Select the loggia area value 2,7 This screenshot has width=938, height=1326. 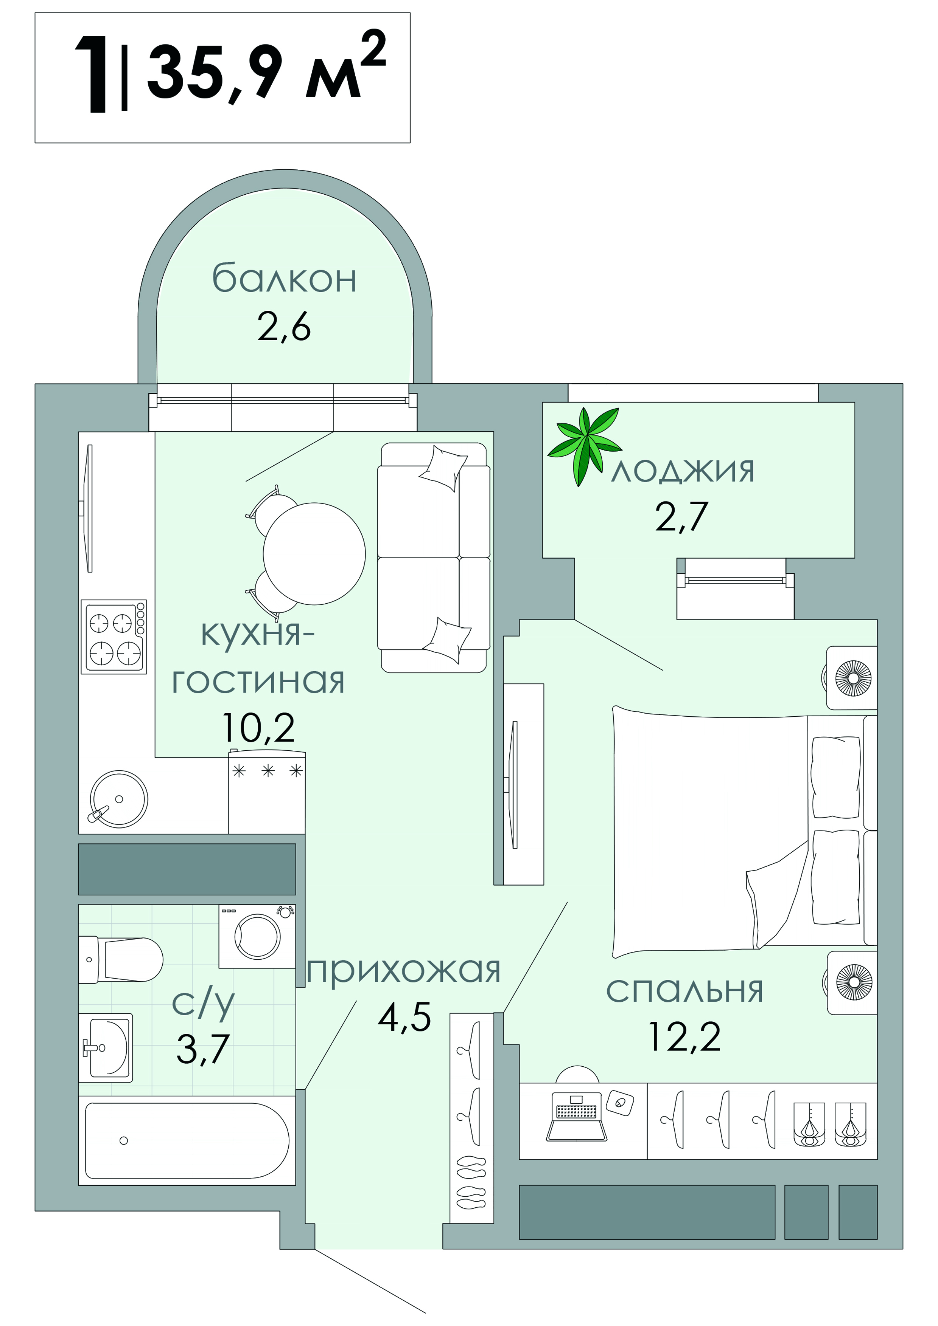click(x=681, y=516)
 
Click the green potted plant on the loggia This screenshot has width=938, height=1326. click(x=584, y=445)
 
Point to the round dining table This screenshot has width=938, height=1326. click(x=314, y=553)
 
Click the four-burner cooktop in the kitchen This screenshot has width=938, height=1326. click(x=114, y=637)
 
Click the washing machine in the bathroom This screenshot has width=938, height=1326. click(x=257, y=936)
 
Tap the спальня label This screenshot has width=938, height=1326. click(x=685, y=990)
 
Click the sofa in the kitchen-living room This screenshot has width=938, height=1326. click(x=434, y=557)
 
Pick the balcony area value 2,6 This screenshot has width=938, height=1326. click(x=284, y=327)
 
